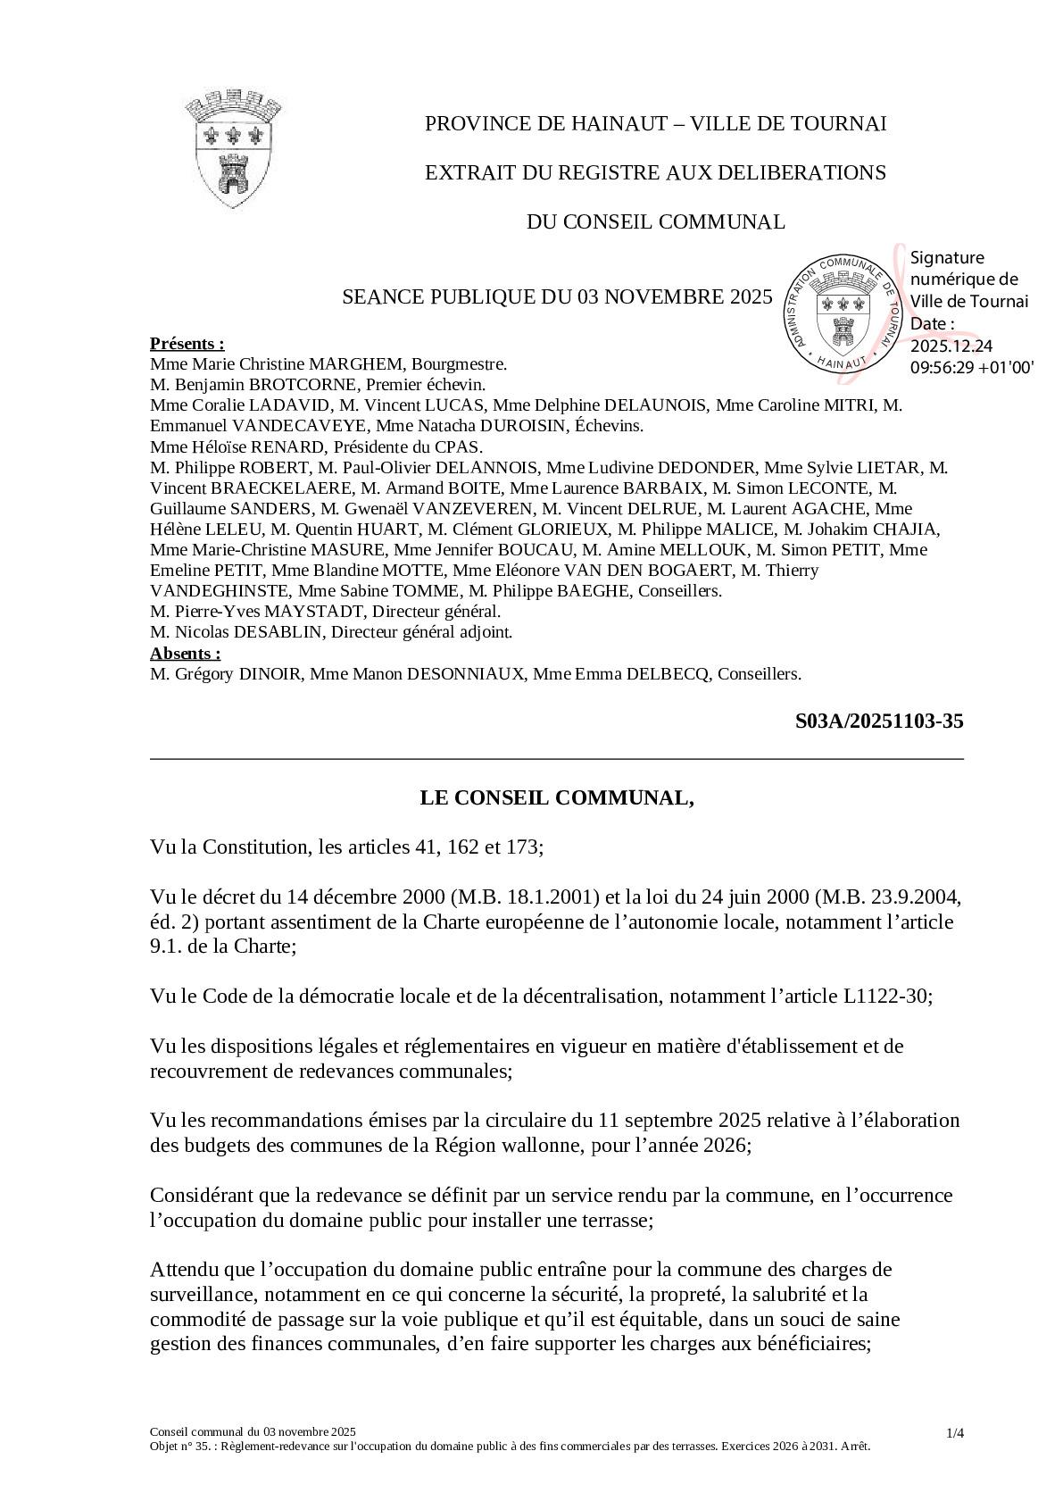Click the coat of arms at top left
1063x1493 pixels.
[x=234, y=147]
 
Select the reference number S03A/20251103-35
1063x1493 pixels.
[x=878, y=721]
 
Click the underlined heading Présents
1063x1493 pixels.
[x=187, y=344]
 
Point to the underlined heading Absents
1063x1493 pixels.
[x=185, y=653]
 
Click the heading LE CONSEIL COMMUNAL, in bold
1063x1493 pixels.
[x=557, y=797]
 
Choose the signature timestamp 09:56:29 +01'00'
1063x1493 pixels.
[x=971, y=367]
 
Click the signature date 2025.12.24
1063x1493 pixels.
[x=951, y=346]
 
